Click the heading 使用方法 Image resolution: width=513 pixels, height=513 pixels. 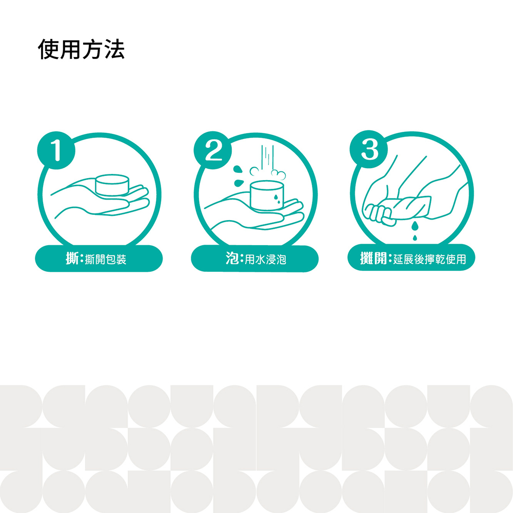click(81, 49)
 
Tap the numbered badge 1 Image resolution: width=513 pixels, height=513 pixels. click(56, 150)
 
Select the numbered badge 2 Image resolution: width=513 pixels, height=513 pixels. click(213, 150)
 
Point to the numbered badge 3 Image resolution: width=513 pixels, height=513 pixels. click(369, 149)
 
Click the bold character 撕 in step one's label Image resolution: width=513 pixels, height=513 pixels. click(72, 259)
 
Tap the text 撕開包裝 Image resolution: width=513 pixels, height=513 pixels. click(106, 260)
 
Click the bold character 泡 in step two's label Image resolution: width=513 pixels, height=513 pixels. click(232, 258)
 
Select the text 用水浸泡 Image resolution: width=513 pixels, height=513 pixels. click(266, 260)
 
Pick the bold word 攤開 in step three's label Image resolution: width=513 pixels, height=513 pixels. click(373, 258)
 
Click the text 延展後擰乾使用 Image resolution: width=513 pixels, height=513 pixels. click(430, 259)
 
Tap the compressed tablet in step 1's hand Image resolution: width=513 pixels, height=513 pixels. click(112, 185)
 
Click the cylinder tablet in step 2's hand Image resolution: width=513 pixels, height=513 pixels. click(267, 195)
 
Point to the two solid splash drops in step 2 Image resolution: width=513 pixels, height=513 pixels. click(239, 175)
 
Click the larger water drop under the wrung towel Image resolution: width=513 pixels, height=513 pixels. click(415, 225)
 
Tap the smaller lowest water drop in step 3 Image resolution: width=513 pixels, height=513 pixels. click(415, 238)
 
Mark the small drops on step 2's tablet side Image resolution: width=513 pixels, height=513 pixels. click(277, 199)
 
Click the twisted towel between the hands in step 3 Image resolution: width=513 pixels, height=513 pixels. click(409, 207)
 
